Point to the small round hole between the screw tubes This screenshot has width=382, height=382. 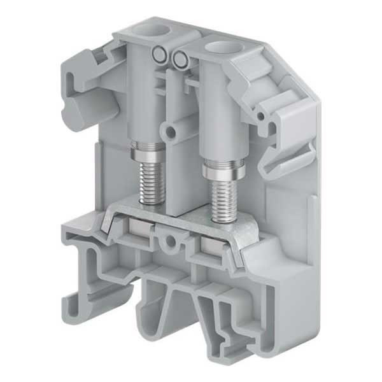click(171, 132)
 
